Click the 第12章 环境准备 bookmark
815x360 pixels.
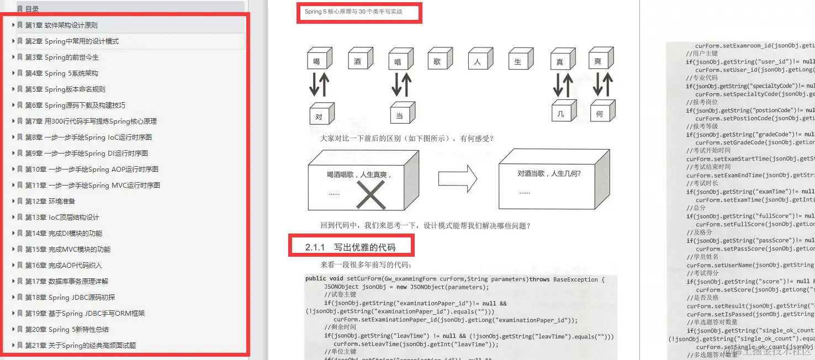click(x=50, y=202)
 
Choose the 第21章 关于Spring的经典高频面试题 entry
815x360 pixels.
click(x=80, y=346)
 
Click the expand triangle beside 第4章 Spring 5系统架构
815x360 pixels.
click(x=13, y=73)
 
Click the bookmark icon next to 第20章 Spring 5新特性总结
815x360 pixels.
click(x=20, y=330)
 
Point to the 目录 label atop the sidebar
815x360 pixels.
click(x=32, y=9)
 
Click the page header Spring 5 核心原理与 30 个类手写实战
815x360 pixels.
click(x=353, y=12)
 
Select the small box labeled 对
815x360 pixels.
click(x=319, y=115)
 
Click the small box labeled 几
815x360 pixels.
click(x=561, y=113)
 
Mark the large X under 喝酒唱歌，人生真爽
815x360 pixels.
click(x=370, y=195)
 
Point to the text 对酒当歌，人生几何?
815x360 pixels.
click(x=549, y=173)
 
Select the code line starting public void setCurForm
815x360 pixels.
click(x=454, y=279)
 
